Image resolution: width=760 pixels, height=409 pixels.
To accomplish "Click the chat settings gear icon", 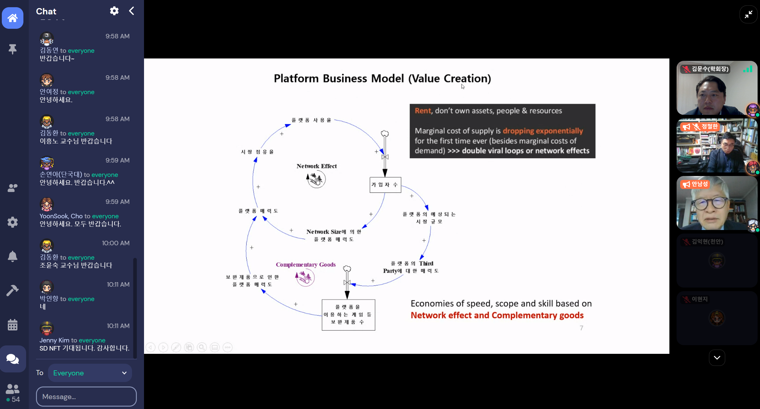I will (x=114, y=11).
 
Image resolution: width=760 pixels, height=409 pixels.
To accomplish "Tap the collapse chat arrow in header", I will (x=131, y=11).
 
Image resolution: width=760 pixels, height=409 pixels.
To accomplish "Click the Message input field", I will (x=86, y=396).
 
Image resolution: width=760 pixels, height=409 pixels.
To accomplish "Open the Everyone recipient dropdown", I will (x=90, y=373).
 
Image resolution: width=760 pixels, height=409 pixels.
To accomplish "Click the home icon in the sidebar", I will (x=13, y=18).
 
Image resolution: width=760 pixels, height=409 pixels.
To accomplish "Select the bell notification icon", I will (x=13, y=256).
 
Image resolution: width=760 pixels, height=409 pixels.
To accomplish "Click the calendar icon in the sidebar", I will (x=13, y=325).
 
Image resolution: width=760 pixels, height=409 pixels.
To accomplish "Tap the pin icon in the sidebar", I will (x=13, y=49).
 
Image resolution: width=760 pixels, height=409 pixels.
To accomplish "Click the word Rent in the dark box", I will (x=423, y=111).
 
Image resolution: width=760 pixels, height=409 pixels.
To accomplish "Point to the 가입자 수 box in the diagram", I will (x=385, y=185).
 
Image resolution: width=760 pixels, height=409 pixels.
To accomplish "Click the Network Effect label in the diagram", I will (x=317, y=166).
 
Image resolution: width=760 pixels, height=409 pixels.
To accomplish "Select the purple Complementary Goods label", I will (x=306, y=264).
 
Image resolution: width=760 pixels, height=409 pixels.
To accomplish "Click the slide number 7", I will (x=581, y=328).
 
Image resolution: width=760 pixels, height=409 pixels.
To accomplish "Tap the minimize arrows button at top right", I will (x=748, y=14).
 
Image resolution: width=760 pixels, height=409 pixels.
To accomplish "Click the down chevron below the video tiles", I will (x=717, y=357).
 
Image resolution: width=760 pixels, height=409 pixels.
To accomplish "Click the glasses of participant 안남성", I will (x=710, y=204).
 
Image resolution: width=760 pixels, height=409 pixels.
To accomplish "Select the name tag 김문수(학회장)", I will (x=710, y=69).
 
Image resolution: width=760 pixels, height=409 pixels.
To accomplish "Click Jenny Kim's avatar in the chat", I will (x=47, y=328).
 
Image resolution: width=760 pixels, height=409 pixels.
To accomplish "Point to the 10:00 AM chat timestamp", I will (x=116, y=243).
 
